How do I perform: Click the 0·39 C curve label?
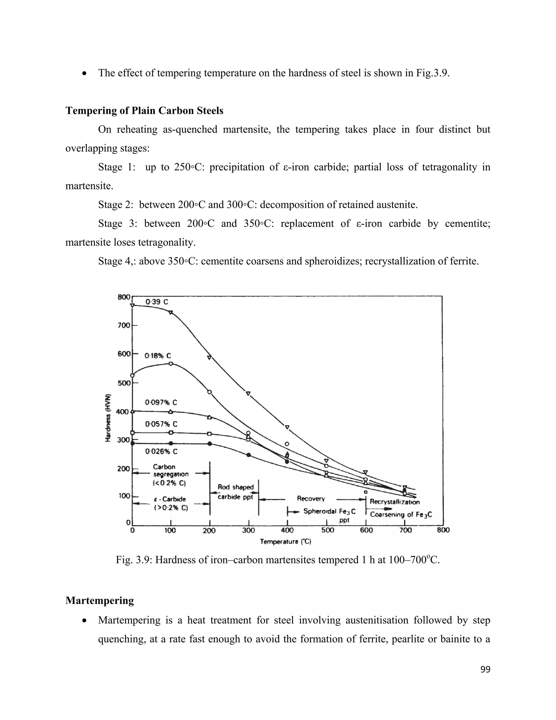[x=157, y=302]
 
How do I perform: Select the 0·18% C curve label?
[x=158, y=356]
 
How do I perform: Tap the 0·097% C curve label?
[x=161, y=403]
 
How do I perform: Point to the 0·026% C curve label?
[x=161, y=451]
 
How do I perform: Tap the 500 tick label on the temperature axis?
[x=327, y=530]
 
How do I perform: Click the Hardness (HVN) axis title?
[x=108, y=418]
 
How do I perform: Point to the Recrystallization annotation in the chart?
[x=394, y=502]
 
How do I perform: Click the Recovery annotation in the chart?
[x=311, y=499]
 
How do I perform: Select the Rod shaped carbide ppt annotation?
[x=235, y=492]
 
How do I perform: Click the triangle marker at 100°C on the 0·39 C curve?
[x=170, y=312]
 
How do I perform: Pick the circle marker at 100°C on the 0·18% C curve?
[x=170, y=364]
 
